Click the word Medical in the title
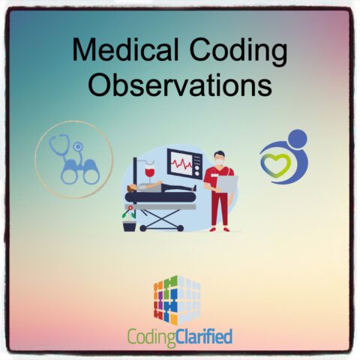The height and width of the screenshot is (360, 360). [x=123, y=52]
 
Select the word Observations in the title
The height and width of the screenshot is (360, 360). [x=179, y=84]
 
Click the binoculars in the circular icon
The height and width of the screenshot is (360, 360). [x=80, y=172]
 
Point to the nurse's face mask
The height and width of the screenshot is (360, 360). [x=218, y=160]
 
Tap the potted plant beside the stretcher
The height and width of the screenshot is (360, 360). [x=129, y=217]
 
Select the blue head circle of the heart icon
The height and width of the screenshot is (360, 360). [x=297, y=139]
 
